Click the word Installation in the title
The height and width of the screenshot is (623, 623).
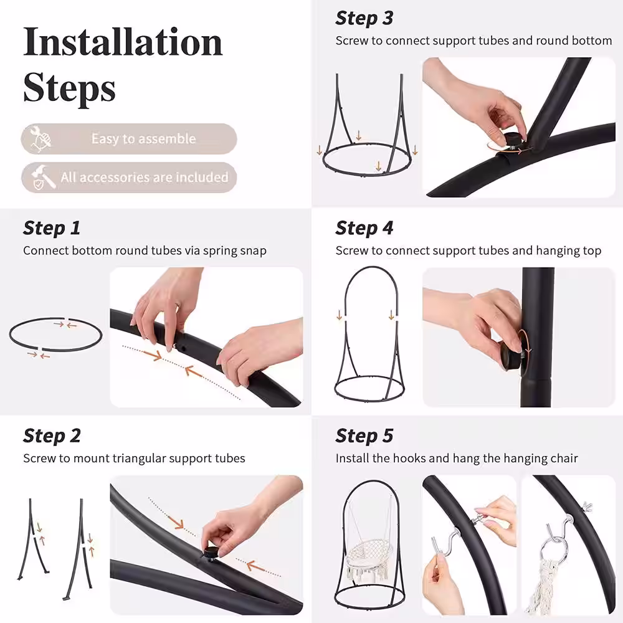(x=123, y=42)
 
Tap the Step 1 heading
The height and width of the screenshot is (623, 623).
(x=52, y=228)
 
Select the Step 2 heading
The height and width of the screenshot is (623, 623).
(x=52, y=436)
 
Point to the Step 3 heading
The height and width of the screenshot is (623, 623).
(x=364, y=18)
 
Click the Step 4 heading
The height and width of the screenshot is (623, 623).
(x=364, y=228)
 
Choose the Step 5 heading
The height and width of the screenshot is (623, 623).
(x=364, y=436)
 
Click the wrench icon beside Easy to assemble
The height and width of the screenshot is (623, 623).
(x=40, y=139)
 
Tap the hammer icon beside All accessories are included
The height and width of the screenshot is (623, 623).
(x=43, y=177)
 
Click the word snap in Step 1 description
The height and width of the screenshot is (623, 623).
(x=254, y=251)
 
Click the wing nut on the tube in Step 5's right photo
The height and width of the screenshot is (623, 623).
(x=586, y=506)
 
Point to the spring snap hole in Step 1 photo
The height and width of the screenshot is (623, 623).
(x=184, y=348)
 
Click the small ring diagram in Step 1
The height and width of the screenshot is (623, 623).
(x=55, y=335)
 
